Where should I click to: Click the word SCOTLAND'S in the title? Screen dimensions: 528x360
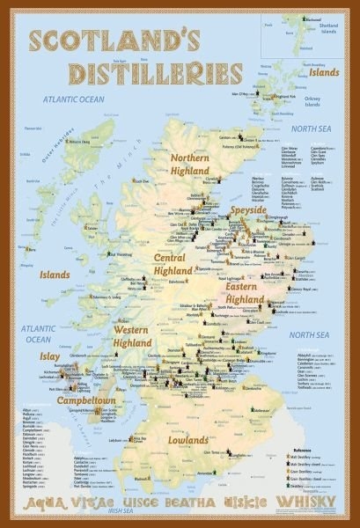[x=106, y=41]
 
